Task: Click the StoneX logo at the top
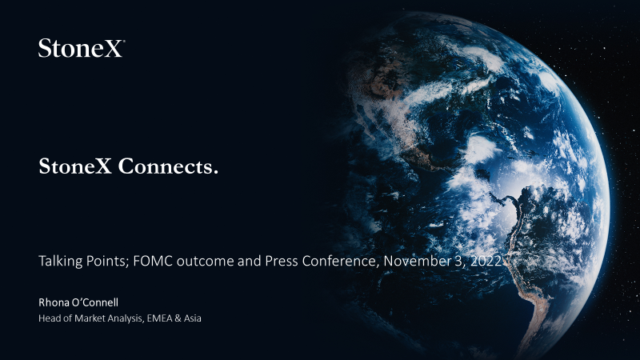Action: pyautogui.click(x=82, y=48)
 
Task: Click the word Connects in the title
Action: pyautogui.click(x=168, y=166)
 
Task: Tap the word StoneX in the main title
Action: pyautogui.click(x=75, y=166)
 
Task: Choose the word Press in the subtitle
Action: pyautogui.click(x=282, y=261)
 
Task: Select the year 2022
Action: pyautogui.click(x=486, y=261)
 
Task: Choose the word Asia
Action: pyautogui.click(x=192, y=318)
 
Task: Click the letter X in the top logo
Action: pyautogui.click(x=113, y=49)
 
